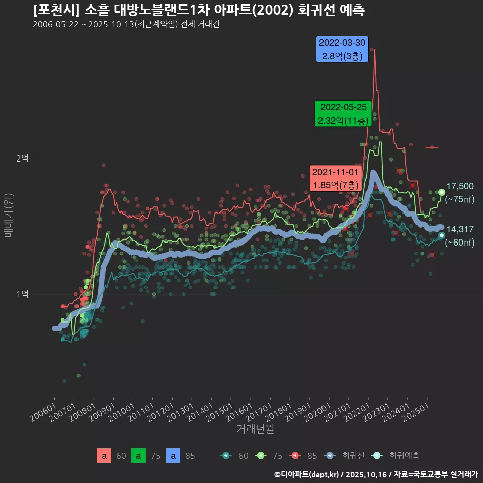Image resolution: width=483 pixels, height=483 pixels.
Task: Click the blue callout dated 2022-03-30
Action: (x=342, y=49)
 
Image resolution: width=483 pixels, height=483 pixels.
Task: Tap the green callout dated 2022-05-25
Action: (x=343, y=114)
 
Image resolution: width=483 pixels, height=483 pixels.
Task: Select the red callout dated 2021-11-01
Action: (x=336, y=178)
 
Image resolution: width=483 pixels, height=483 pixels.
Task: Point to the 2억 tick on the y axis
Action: (x=22, y=158)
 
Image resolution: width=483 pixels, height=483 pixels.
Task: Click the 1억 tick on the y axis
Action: (x=22, y=294)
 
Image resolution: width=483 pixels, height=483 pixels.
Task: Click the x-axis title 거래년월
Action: (x=256, y=429)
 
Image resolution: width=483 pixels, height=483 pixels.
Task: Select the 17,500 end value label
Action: (x=460, y=186)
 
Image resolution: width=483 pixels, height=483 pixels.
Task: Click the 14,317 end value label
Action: (x=460, y=229)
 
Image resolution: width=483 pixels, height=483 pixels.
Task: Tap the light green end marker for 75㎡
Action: (x=442, y=192)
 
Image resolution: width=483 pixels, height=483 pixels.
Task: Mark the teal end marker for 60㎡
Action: (x=442, y=235)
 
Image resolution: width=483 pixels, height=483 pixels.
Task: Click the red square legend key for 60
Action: (x=104, y=456)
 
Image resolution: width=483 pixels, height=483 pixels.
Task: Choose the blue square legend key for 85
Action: (x=173, y=456)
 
